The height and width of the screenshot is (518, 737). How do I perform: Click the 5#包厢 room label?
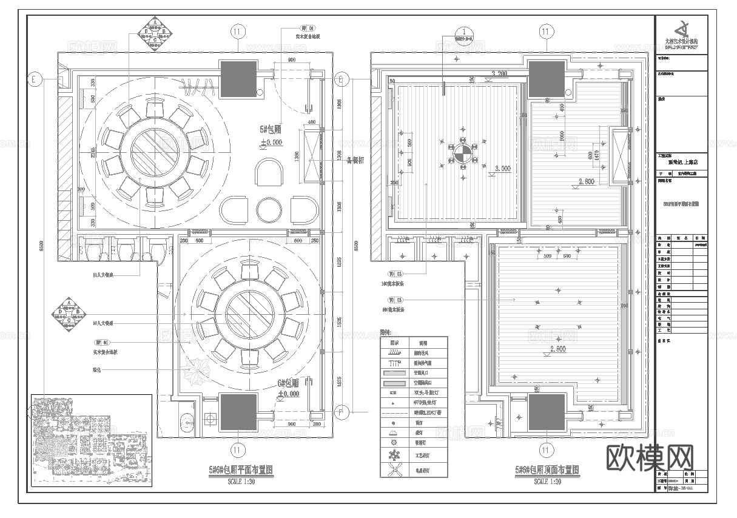pos(269,129)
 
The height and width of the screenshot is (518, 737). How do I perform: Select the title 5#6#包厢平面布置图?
pos(241,470)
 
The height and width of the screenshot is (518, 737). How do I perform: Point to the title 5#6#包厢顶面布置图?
pos(547,470)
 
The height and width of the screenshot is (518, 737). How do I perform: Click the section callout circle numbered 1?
pos(464,32)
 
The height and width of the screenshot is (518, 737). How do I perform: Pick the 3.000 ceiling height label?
pos(502,168)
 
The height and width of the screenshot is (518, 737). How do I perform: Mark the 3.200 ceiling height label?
pos(499,73)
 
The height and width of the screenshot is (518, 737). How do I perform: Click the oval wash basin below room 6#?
pos(187,422)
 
